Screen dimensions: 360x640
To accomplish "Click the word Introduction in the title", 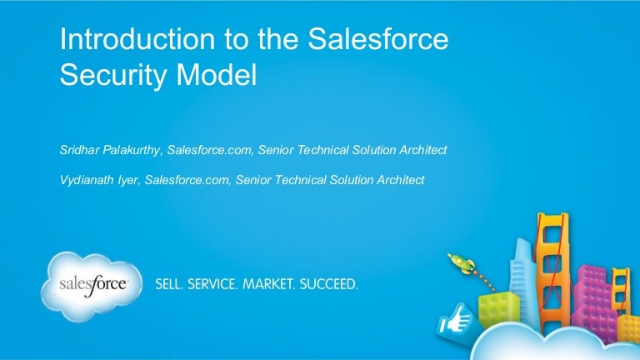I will [x=124, y=40].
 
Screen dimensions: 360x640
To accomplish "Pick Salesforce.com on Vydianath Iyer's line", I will [x=187, y=179].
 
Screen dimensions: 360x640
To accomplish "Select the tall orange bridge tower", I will [x=552, y=250].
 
